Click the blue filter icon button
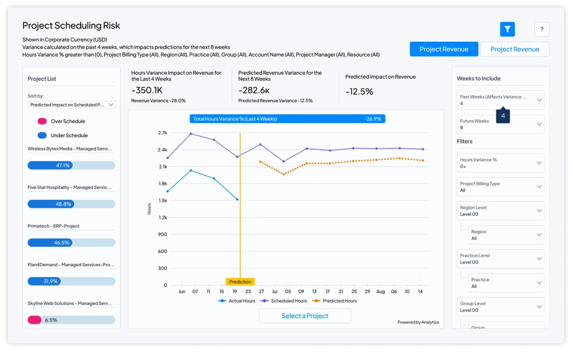pyautogui.click(x=507, y=29)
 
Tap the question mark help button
pyautogui.click(x=542, y=30)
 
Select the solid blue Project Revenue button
pyautogui.click(x=444, y=49)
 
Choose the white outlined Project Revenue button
pyautogui.click(x=515, y=49)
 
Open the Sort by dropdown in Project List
pyautogui.click(x=71, y=105)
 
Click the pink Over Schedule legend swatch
pyautogui.click(x=42, y=121)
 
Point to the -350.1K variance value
pyautogui.click(x=147, y=90)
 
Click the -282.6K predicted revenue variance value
pyautogui.click(x=254, y=90)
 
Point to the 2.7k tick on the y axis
pyautogui.click(x=162, y=133)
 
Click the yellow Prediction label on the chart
pyautogui.click(x=240, y=282)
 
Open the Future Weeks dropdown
pyautogui.click(x=500, y=124)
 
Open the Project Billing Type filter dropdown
pyautogui.click(x=500, y=187)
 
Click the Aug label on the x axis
pyautogui.click(x=380, y=291)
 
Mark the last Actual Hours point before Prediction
pyautogui.click(x=237, y=199)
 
